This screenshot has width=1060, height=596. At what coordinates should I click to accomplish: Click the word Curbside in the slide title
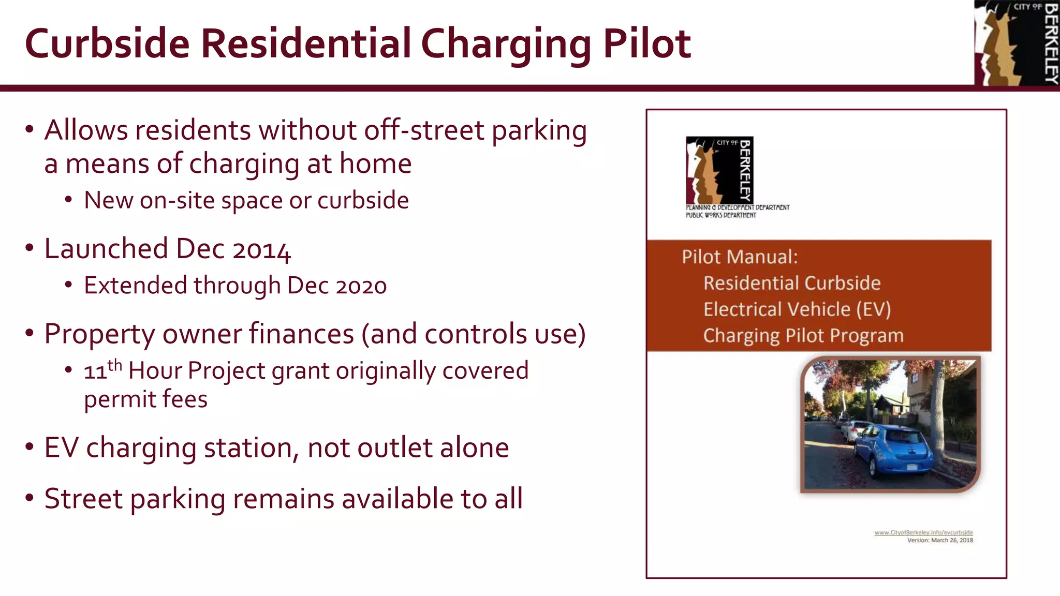(x=107, y=43)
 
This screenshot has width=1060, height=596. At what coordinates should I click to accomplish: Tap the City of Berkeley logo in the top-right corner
(x=1017, y=42)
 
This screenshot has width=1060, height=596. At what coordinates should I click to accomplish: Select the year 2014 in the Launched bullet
(x=261, y=250)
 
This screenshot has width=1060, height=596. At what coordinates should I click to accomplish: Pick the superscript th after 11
(x=115, y=365)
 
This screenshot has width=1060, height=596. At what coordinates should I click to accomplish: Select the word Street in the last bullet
(x=83, y=499)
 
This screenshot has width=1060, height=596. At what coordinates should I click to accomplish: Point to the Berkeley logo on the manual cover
(x=719, y=170)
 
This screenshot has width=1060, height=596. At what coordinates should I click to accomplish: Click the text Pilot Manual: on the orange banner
(x=740, y=257)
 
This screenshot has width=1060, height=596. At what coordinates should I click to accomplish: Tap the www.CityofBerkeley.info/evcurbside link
(x=923, y=532)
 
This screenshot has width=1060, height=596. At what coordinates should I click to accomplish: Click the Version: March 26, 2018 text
(x=940, y=540)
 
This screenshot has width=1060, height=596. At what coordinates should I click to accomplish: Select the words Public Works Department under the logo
(x=720, y=215)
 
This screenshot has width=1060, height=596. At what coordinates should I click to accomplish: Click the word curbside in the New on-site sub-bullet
(x=363, y=201)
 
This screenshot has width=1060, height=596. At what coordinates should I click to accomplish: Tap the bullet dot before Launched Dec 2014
(x=30, y=248)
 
